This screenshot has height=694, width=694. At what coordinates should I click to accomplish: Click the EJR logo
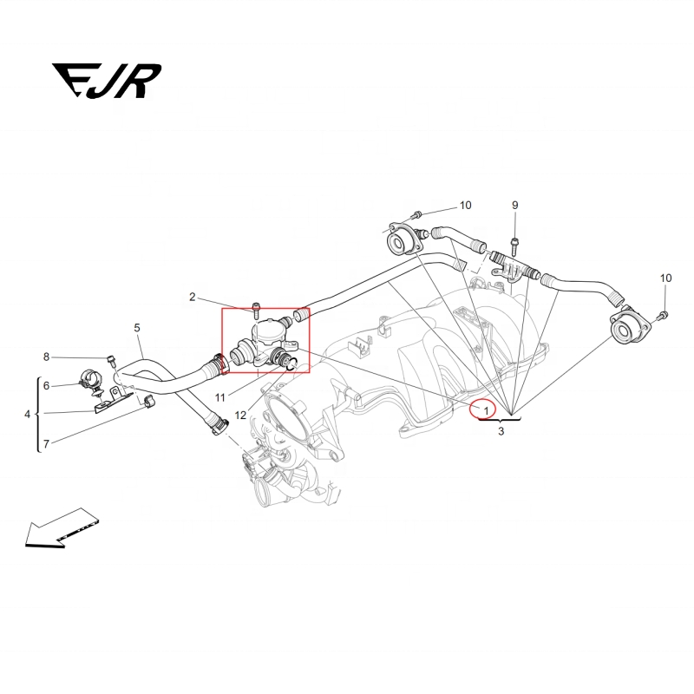coord(107,81)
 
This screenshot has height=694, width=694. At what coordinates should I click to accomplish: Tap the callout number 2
coord(192,297)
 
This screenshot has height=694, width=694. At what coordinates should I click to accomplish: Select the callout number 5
coord(137,328)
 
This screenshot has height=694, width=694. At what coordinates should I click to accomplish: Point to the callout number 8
coord(46,357)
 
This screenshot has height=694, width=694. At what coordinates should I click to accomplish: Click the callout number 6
coord(46,386)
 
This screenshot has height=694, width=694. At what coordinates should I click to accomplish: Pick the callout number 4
coord(28,415)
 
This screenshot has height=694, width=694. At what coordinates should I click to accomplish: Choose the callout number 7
coord(46,443)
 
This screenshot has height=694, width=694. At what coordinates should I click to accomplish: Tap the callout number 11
coord(220,398)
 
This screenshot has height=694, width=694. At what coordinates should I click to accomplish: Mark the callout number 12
coord(240,416)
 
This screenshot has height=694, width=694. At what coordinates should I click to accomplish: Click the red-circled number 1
coord(486,410)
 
